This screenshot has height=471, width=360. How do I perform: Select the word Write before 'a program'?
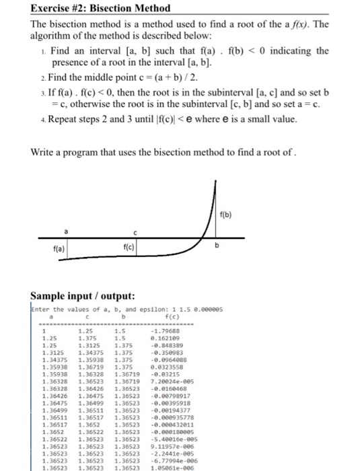[44, 151]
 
